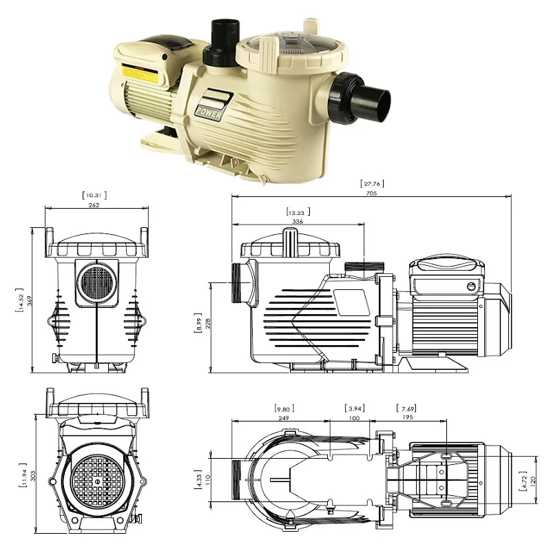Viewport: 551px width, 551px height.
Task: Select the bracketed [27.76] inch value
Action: click(x=371, y=183)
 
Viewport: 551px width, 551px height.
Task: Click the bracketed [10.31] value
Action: click(x=95, y=195)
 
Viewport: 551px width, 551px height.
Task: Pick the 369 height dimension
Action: click(x=29, y=301)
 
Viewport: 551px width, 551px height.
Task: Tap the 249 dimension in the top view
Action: click(x=284, y=417)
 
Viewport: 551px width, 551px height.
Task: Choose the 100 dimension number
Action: click(x=355, y=417)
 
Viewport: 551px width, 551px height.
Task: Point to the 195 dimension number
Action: click(x=408, y=417)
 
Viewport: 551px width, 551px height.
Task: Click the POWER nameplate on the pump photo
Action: click(x=209, y=111)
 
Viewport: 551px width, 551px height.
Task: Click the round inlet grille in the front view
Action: click(x=96, y=282)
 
